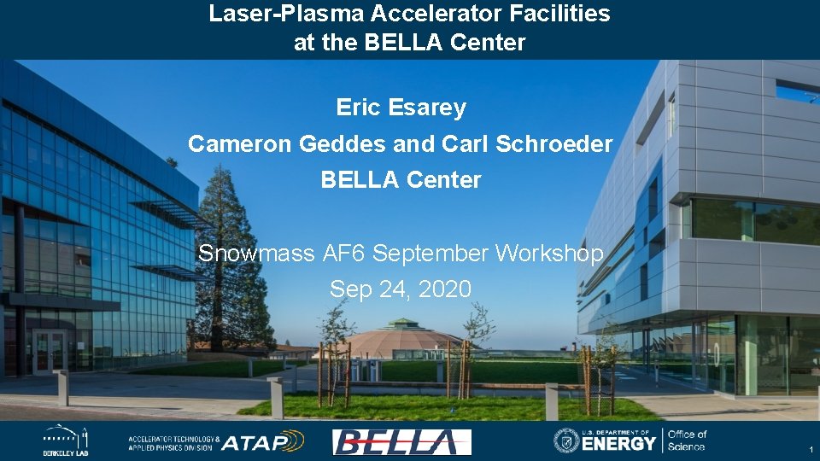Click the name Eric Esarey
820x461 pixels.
[x=401, y=108]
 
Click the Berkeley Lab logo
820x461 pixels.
[x=66, y=441]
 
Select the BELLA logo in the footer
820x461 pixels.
[x=401, y=441]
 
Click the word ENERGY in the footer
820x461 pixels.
[x=620, y=443]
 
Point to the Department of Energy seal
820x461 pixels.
[x=566, y=441]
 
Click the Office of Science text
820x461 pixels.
[x=687, y=441]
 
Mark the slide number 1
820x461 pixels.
[x=810, y=450]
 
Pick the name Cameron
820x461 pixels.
[x=240, y=144]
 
